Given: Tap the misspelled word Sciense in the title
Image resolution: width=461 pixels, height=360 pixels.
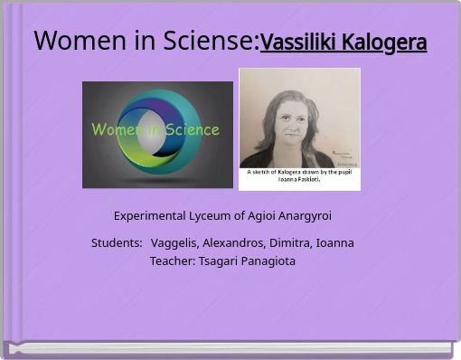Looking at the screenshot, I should tap(211, 41).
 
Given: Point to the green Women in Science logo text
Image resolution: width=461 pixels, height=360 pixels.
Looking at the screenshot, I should tap(155, 129).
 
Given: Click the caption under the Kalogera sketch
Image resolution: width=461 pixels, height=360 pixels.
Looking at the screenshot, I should tap(299, 175).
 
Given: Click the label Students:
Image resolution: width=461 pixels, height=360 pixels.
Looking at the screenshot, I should tap(117, 243).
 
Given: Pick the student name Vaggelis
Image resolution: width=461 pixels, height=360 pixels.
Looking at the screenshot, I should tap(174, 243).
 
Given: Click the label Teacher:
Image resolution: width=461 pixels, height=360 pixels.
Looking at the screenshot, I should tap(172, 261).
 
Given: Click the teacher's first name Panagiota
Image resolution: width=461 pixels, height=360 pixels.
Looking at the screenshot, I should tap(268, 261).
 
